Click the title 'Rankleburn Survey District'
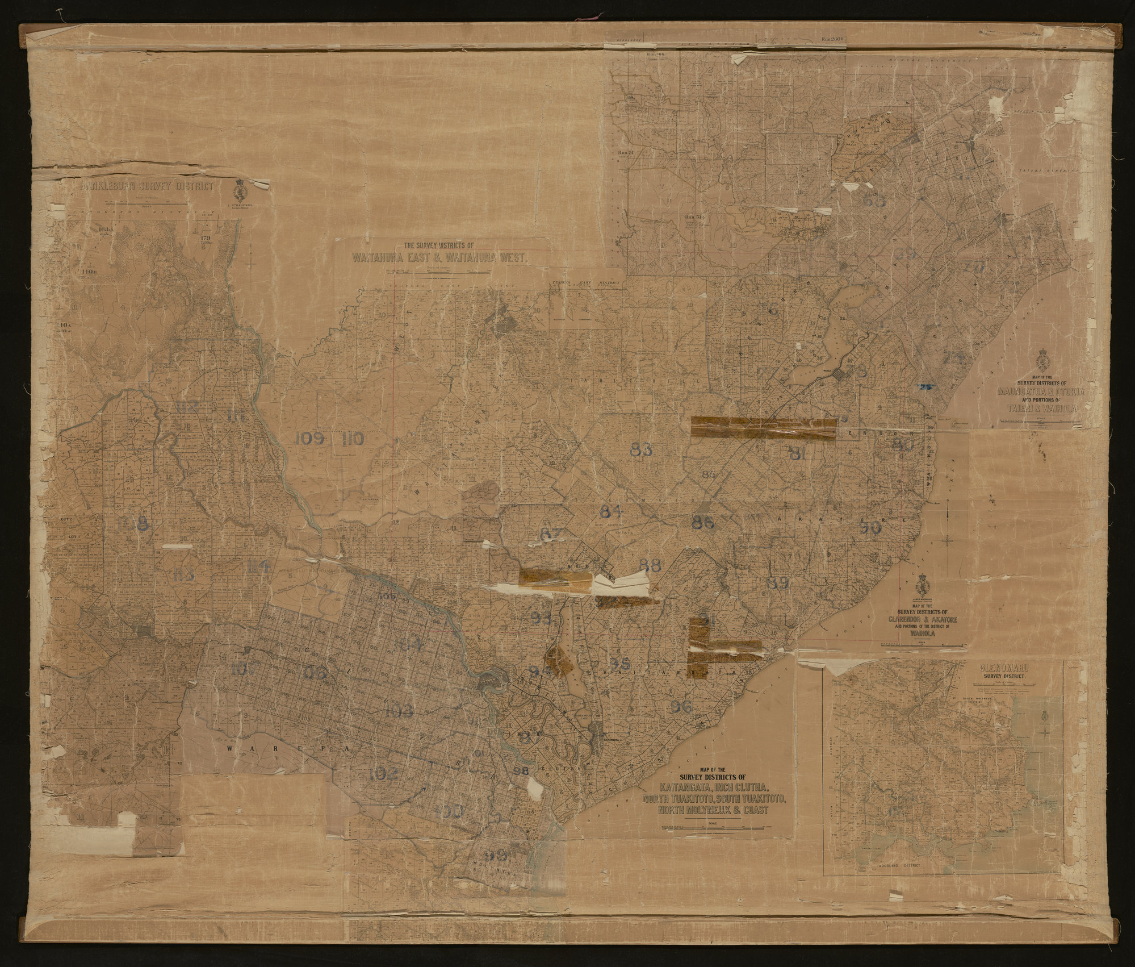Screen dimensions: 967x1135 [148, 187]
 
